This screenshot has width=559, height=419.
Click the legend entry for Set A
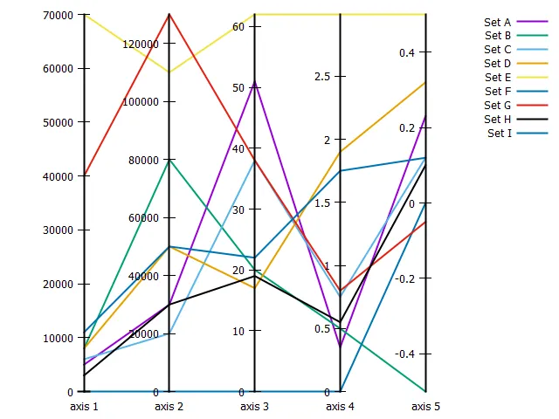pos(497,22)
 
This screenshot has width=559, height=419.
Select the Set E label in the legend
pos(497,78)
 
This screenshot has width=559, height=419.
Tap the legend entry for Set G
pos(497,106)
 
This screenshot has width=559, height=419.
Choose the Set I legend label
pos(500,134)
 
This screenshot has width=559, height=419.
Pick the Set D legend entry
pos(497,64)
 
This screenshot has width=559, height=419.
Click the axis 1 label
pos(84,407)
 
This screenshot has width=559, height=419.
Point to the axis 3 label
pos(255,407)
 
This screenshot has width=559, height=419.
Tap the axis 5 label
pos(425,407)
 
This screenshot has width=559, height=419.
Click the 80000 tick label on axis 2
pos(142,161)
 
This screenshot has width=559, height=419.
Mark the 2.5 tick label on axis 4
pos(322,77)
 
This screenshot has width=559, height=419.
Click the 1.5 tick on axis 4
pos(322,203)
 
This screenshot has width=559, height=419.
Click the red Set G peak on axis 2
pos(169,14)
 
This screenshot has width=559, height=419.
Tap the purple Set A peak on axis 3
pos(255,82)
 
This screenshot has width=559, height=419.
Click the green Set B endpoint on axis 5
pos(426,391)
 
